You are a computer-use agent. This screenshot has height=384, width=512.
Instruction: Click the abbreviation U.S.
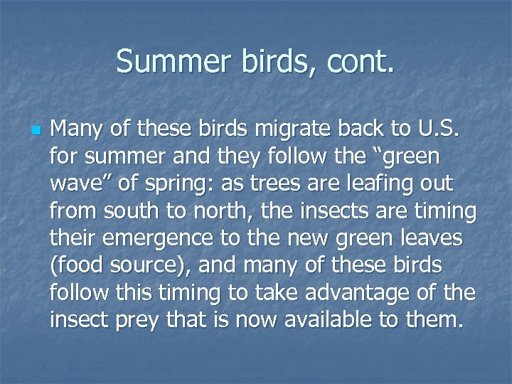pos(439,130)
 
